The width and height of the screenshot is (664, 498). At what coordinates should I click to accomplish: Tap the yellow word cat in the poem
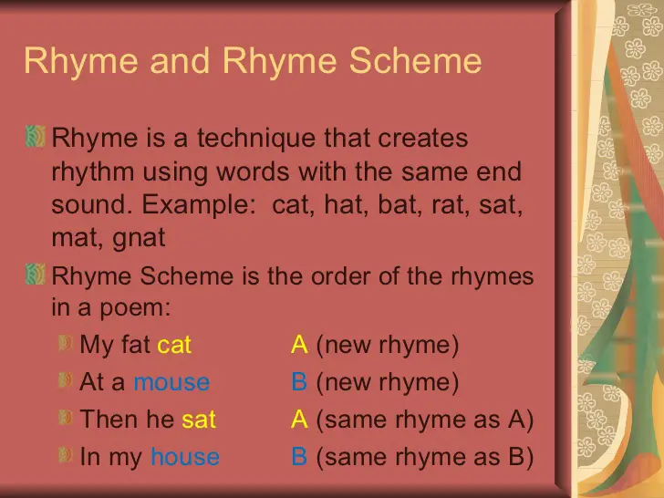[174, 345]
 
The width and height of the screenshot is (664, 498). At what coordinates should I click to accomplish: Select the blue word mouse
[171, 382]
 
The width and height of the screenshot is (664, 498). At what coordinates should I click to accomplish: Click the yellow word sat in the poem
[199, 420]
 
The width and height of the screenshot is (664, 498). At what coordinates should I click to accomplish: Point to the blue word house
[185, 457]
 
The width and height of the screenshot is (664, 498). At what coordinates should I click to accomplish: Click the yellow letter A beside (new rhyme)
[299, 345]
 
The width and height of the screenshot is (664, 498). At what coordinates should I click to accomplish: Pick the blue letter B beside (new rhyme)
[299, 382]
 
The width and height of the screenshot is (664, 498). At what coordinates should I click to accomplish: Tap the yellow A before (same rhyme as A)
[299, 420]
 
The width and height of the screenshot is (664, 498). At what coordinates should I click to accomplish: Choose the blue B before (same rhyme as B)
[299, 457]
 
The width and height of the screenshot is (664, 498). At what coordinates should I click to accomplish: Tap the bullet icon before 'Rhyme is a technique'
[36, 139]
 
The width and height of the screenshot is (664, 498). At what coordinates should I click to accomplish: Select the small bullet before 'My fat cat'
[66, 344]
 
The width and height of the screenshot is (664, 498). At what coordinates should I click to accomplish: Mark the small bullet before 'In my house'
[66, 456]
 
